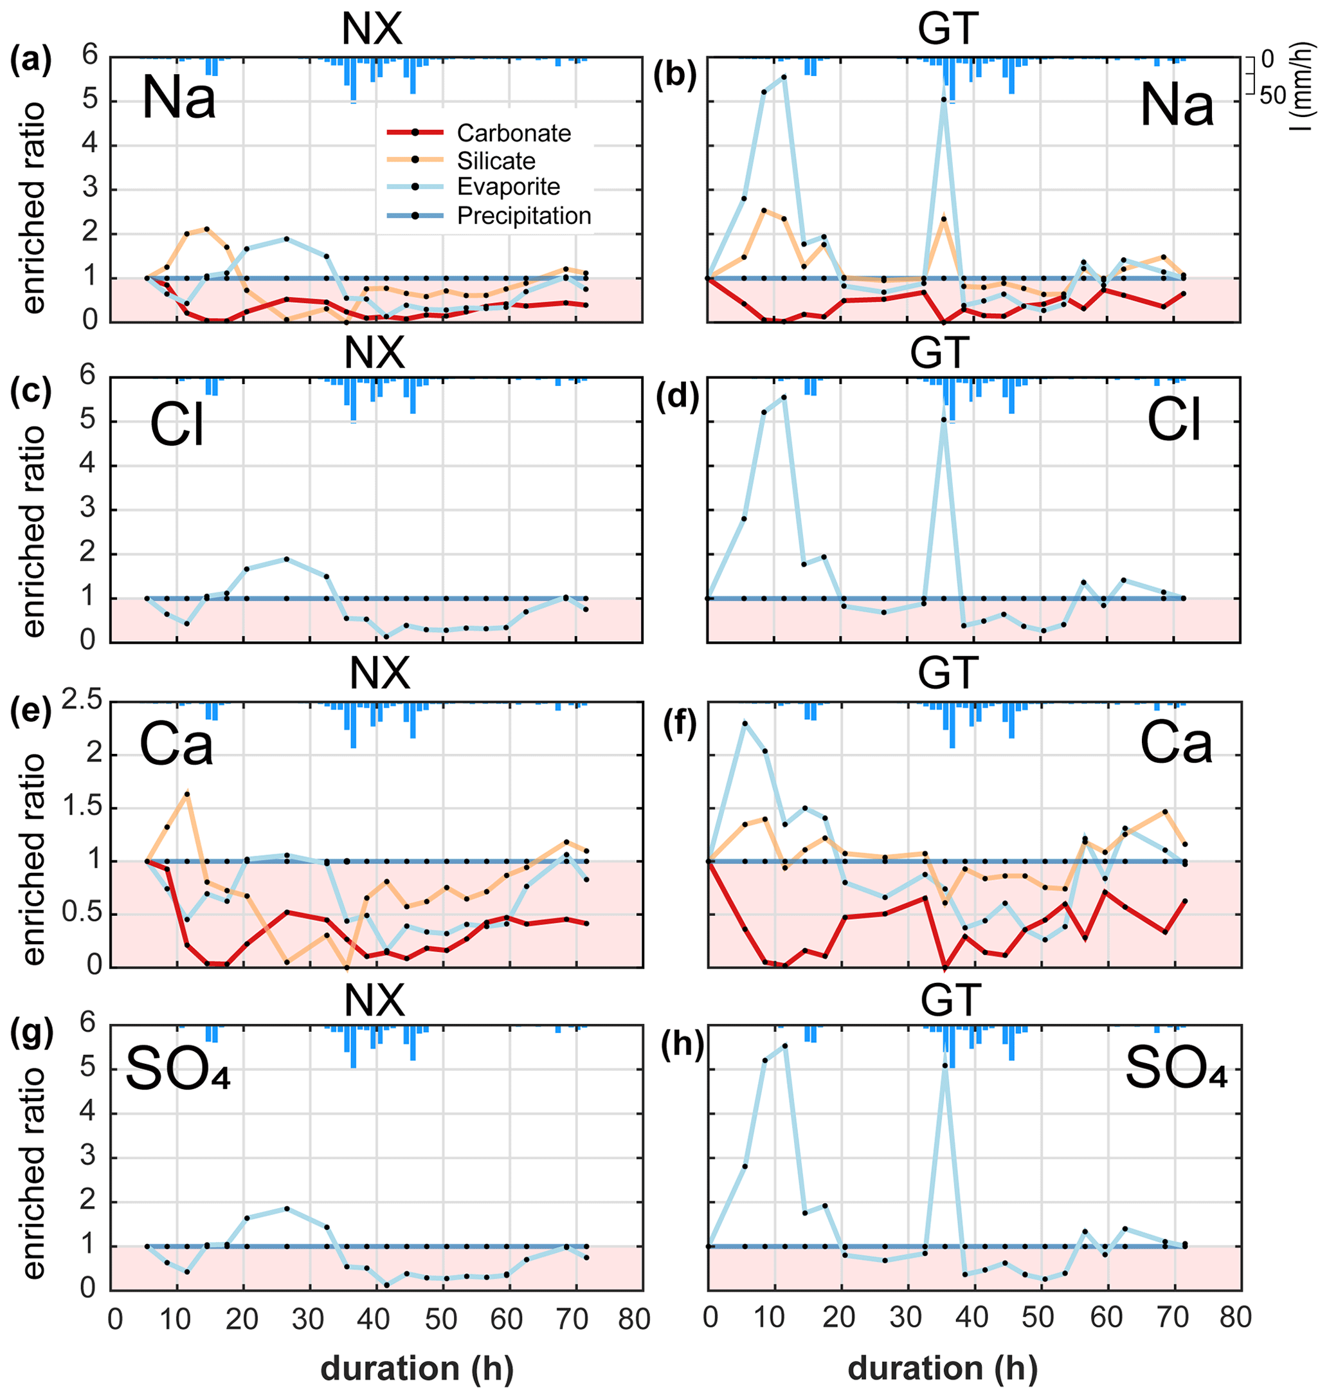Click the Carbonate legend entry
(513, 133)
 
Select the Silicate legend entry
(495, 161)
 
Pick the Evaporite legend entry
(508, 187)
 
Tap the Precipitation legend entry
(523, 215)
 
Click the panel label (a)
(30, 61)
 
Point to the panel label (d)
(677, 397)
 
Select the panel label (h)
(682, 1044)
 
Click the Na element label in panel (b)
(1177, 106)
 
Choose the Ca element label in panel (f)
(1176, 744)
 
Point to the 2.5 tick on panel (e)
(82, 702)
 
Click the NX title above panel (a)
(372, 30)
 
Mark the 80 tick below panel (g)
(634, 1320)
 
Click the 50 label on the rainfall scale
(1272, 96)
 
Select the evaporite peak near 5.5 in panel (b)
(784, 77)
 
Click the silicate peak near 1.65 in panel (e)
(187, 793)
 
